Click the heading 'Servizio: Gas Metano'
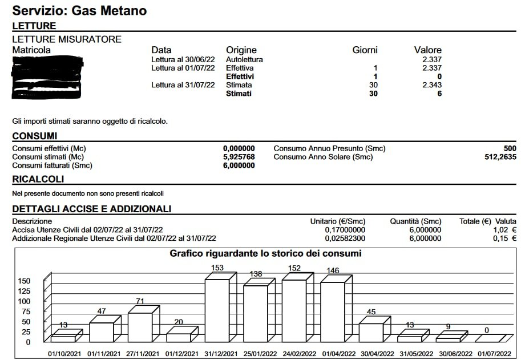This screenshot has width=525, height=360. [x=79, y=10]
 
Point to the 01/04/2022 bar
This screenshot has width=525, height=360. [x=332, y=312]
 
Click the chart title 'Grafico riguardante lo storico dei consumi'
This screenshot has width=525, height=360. [x=265, y=253]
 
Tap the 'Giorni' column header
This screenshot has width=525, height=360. [x=365, y=50]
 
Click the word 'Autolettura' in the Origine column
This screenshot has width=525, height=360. [x=244, y=59]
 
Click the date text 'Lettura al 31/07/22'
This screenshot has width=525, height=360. [x=183, y=85]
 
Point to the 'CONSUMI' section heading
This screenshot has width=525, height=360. [x=34, y=136]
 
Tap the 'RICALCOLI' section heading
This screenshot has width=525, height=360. [x=38, y=179]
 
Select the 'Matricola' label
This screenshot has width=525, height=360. [x=31, y=50]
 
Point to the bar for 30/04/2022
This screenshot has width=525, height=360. [x=370, y=333]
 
